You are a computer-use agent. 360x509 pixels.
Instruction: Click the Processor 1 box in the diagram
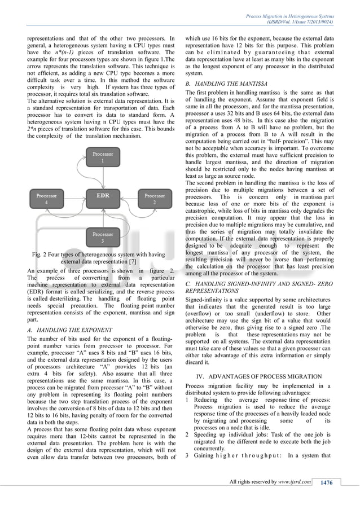[102, 157]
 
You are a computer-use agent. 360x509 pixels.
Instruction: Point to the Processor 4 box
[46, 199]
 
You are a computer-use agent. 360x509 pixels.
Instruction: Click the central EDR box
[102, 196]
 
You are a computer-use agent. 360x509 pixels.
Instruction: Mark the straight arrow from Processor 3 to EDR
[102, 218]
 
